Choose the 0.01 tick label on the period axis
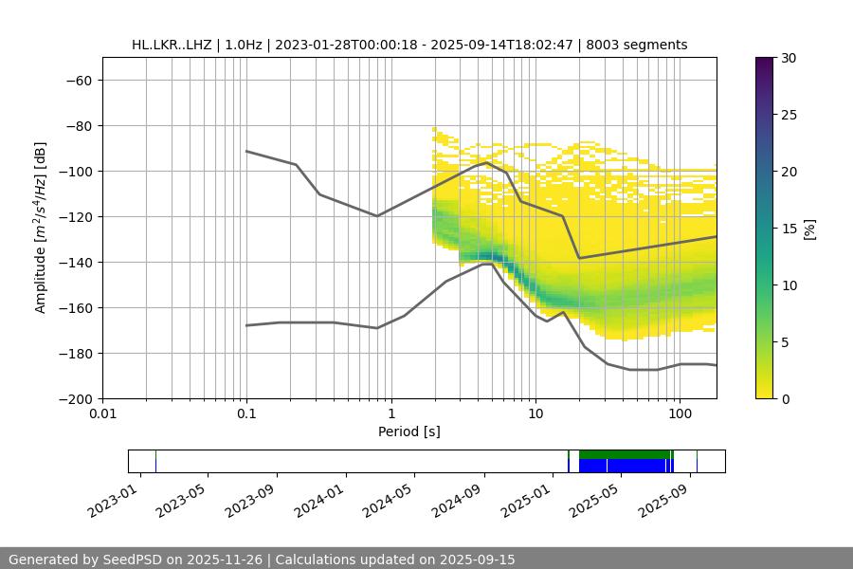click(102, 414)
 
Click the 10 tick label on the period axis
click(535, 414)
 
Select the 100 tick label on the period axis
click(680, 414)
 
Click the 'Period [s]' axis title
click(409, 431)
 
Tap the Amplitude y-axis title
click(40, 228)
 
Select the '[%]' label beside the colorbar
click(808, 228)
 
